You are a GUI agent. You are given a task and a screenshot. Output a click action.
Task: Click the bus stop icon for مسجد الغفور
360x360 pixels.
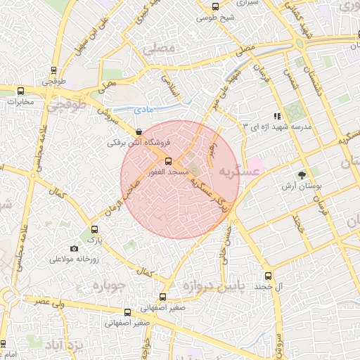(x=167, y=161)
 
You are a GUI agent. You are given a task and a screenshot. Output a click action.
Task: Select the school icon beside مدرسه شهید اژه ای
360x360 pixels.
(x=277, y=116)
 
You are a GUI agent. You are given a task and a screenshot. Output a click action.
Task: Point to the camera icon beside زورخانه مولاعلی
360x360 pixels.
(x=75, y=248)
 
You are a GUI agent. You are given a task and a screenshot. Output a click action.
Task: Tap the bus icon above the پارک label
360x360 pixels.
(x=95, y=229)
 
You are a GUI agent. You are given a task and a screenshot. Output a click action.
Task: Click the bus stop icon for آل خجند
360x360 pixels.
(x=268, y=276)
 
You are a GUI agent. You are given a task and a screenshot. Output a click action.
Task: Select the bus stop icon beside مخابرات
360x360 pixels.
(x=21, y=91)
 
